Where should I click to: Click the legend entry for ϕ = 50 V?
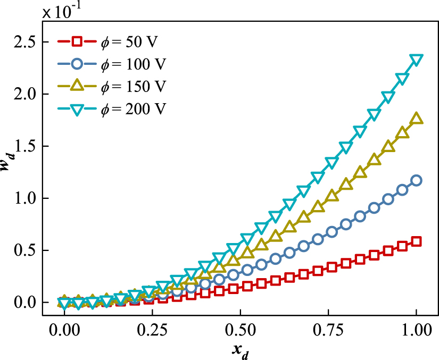tap(112, 41)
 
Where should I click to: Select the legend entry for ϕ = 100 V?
tap(112, 64)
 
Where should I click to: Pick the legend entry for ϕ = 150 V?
tap(112, 86)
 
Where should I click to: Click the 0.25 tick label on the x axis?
tap(152, 331)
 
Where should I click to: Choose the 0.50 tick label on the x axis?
tap(240, 331)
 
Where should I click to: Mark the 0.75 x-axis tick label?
tap(328, 331)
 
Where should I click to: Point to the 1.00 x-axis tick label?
tap(416, 331)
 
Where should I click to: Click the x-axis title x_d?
tap(240, 351)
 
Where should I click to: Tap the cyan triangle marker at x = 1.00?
tap(416, 59)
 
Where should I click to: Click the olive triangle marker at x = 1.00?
tap(416, 119)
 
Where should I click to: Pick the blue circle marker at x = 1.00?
tap(416, 180)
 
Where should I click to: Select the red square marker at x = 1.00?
tap(416, 241)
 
